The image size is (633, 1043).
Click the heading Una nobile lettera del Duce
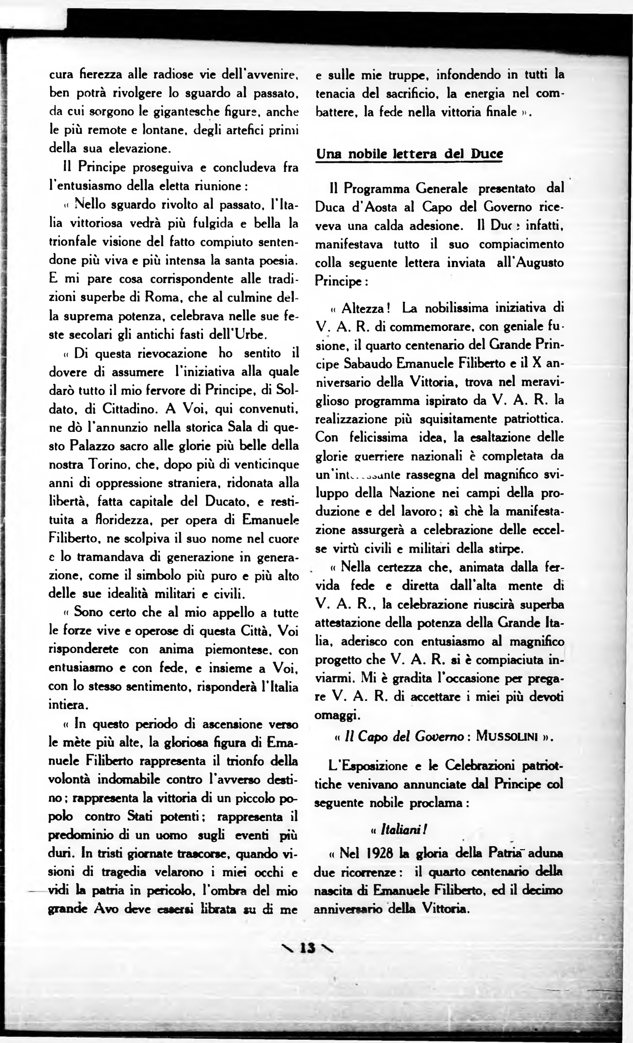(x=409, y=154)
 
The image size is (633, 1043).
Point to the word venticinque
(x=269, y=464)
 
